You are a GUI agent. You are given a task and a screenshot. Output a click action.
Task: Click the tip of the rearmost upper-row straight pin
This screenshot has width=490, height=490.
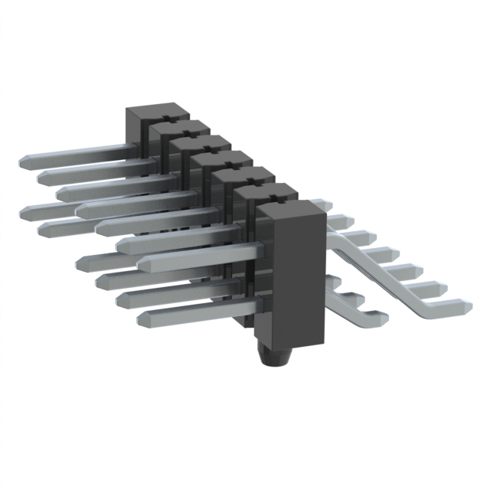[24, 162]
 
